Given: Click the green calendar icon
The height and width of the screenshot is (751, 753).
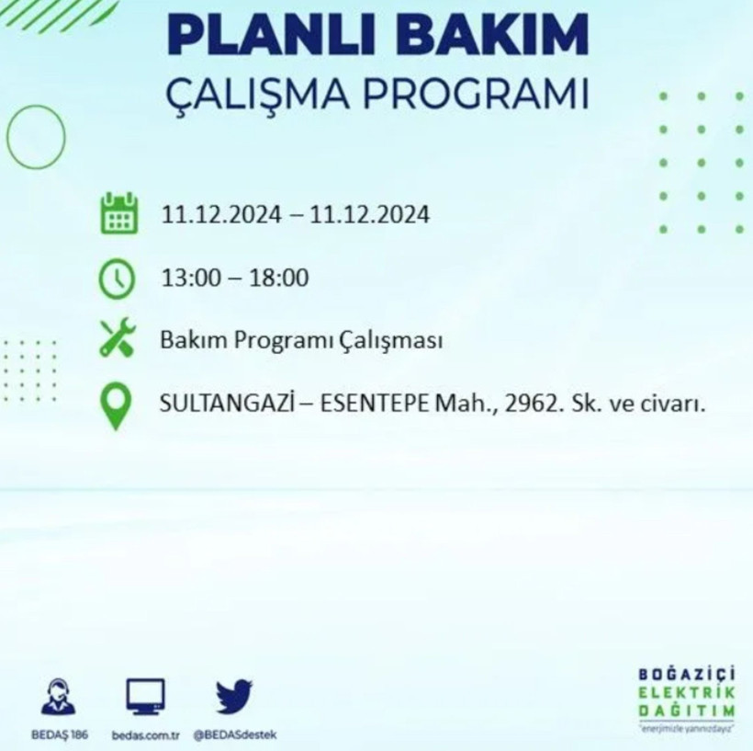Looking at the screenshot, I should [119, 213].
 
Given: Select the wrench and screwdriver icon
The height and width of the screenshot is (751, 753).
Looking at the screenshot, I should [118, 337].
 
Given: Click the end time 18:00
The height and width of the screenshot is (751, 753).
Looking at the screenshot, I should [281, 278].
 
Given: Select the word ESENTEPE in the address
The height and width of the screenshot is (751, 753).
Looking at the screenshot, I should [372, 404].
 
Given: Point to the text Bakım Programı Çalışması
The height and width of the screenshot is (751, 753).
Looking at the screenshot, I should [302, 341].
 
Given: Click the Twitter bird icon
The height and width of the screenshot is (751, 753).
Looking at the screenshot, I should [234, 697].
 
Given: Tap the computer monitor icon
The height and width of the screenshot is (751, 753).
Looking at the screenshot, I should [145, 697].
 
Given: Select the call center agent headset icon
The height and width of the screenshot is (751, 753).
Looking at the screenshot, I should [60, 697].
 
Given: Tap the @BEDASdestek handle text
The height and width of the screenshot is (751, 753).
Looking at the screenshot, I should [235, 734].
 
